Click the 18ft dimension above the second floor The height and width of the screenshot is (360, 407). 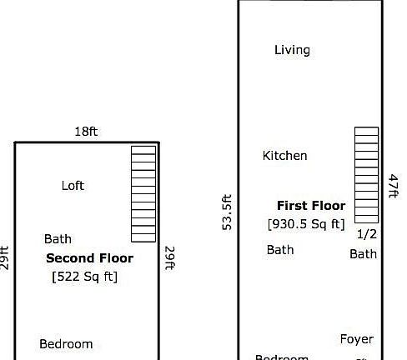pos(86,132)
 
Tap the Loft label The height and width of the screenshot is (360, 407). pos(73,186)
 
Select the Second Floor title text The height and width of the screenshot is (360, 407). pos(89,258)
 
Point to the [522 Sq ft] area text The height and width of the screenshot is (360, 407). pos(85,277)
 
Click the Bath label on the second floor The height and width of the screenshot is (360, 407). pos(58,239)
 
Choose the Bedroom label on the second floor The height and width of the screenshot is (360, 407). pos(66,344)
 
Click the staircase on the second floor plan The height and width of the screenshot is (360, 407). pos(143,193)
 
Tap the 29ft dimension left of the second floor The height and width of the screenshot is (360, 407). pos(5,258)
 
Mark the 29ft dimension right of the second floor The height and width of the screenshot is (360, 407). pos(168,258)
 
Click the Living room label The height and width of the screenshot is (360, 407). pos(292,50)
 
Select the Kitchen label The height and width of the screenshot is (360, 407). pos(284,156)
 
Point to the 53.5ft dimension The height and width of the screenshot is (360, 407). pos(227,212)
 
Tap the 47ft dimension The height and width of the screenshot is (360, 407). pos(394,186)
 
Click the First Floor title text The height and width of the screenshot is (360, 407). pos(310,206)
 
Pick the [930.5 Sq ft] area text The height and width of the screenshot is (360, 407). pos(306,224)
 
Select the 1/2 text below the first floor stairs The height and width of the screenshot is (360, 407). pos(367,234)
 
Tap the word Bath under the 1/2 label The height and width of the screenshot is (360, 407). pos(363,254)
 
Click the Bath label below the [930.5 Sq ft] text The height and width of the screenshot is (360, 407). pos(280,250)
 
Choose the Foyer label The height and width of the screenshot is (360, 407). pos(357,339)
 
